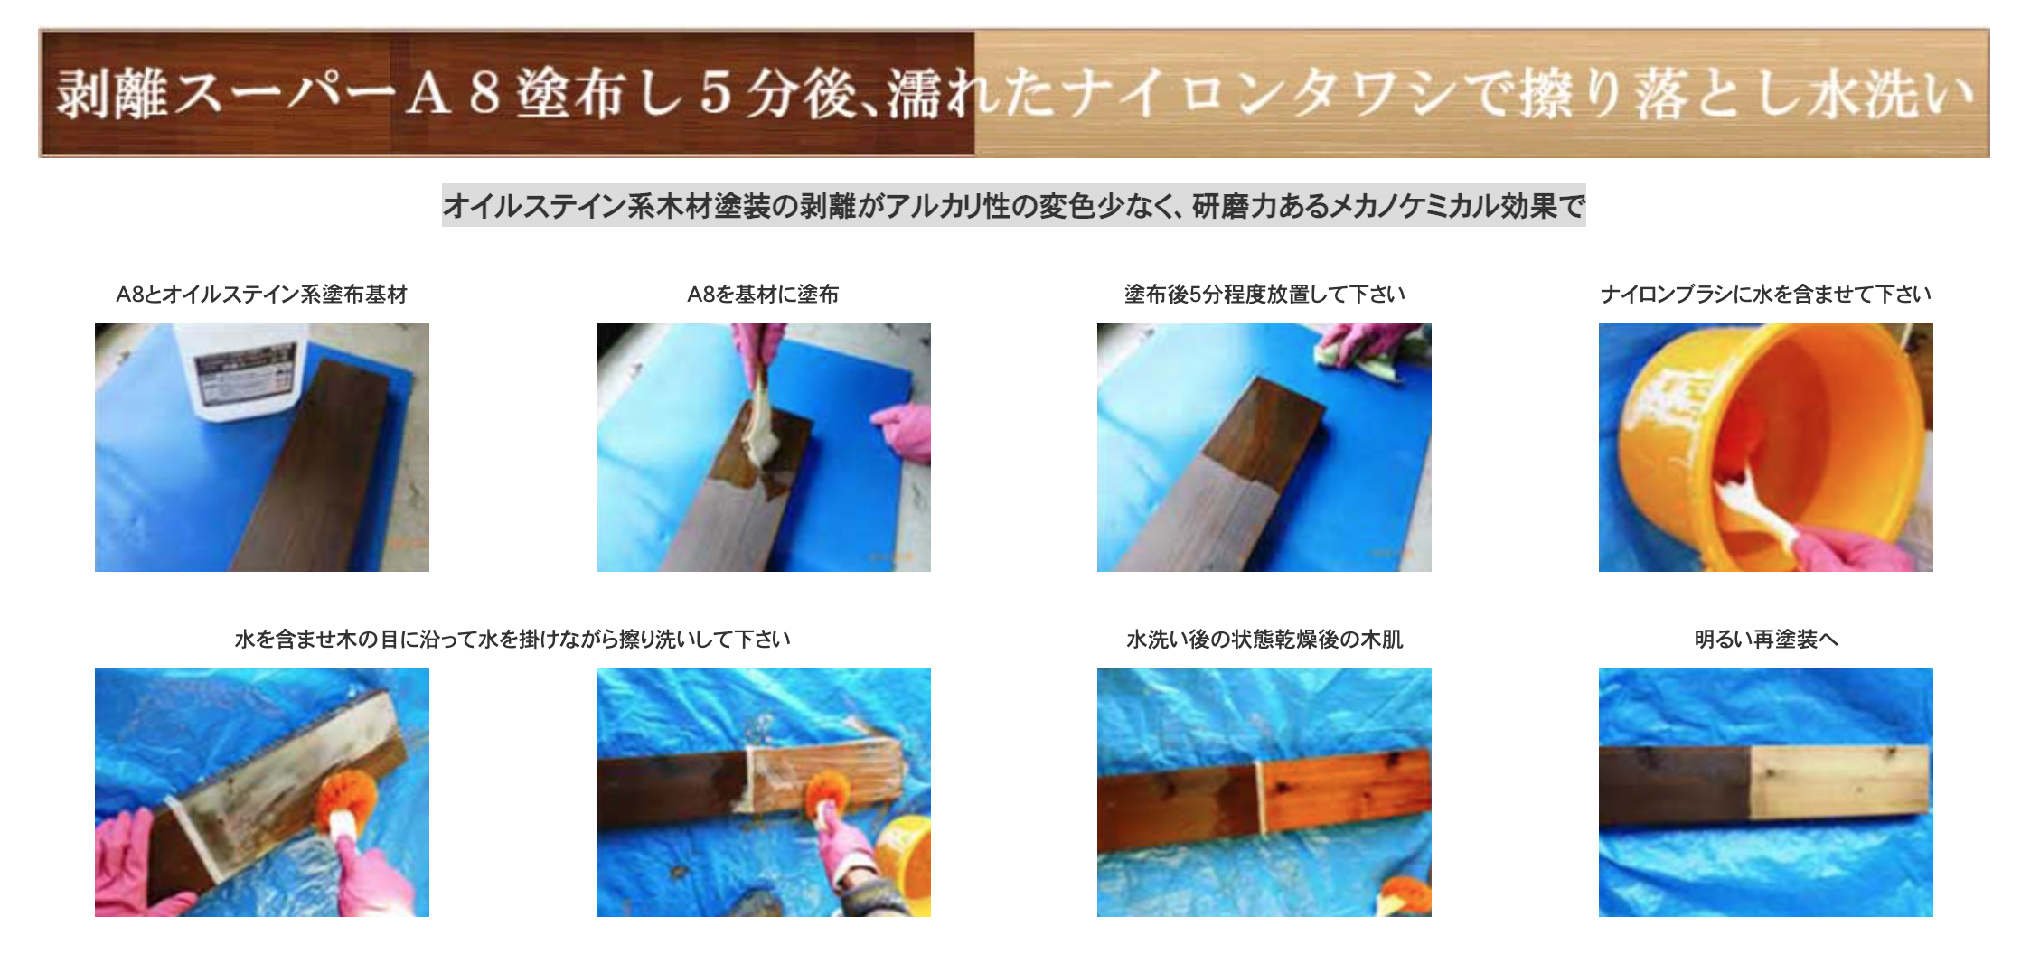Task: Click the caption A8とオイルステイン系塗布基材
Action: [261, 294]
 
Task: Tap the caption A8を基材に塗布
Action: [763, 294]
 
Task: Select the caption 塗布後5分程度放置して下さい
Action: [1264, 294]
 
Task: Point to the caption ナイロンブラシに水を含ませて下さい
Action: [1765, 294]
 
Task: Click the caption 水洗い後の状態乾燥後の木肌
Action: [1264, 639]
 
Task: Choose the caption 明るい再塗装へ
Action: [1765, 639]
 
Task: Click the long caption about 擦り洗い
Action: [512, 639]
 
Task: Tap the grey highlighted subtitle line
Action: [1013, 206]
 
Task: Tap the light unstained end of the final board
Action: [1838, 781]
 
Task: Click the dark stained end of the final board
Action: [1674, 786]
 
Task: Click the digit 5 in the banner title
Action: [715, 93]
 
